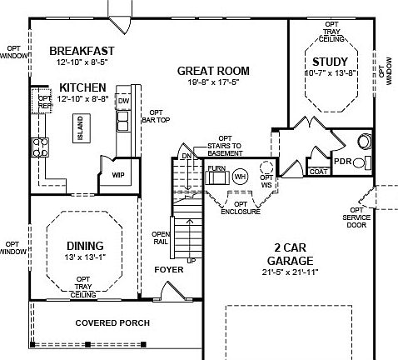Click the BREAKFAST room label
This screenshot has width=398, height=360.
(82, 50)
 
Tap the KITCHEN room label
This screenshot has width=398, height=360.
(82, 87)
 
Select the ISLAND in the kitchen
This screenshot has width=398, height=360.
(80, 129)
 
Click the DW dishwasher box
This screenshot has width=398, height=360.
(124, 101)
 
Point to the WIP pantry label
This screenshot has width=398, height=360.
(118, 174)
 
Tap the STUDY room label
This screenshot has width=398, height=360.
(329, 62)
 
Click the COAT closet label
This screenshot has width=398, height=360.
(318, 172)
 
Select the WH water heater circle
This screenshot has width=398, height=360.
(240, 177)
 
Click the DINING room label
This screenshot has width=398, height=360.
(84, 245)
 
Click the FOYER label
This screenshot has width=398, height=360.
(168, 270)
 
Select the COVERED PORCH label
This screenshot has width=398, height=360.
(112, 322)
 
